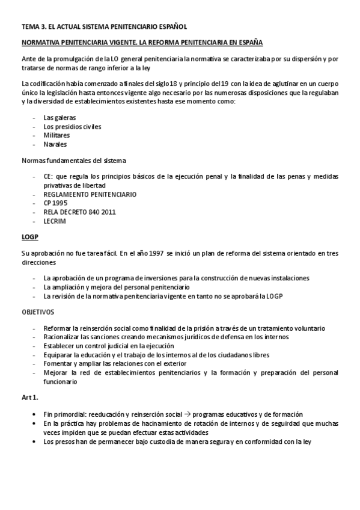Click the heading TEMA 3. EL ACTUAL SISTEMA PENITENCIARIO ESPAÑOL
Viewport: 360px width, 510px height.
[105, 26]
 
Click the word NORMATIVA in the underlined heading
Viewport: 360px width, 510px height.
[41, 43]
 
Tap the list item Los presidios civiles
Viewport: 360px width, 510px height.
[72, 126]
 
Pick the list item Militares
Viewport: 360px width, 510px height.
[56, 135]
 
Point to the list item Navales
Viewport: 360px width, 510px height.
[55, 144]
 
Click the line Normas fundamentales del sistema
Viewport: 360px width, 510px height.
[74, 161]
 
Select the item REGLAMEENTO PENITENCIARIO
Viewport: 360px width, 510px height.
[90, 194]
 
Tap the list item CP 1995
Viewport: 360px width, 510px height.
[55, 203]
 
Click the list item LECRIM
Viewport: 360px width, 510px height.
[54, 221]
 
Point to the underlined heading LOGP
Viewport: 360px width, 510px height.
[30, 237]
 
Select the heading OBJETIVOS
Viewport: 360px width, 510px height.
[38, 312]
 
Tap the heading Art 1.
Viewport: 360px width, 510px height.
[29, 397]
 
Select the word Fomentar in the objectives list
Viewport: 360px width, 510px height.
[58, 363]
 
